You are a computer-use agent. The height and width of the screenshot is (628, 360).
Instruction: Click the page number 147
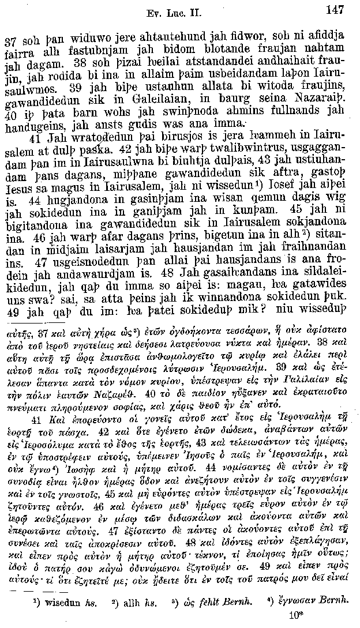tap(334, 9)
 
